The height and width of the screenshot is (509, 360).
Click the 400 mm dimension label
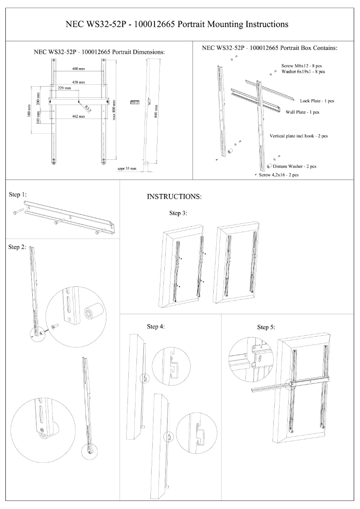click(x=79, y=69)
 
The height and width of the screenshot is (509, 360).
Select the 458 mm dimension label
click(x=79, y=83)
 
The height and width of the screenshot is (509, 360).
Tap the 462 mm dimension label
click(x=79, y=116)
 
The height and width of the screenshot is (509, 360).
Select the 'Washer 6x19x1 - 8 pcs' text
click(x=303, y=71)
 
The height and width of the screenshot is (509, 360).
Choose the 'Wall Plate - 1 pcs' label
click(x=302, y=112)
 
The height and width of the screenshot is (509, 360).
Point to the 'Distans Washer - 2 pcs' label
click(x=294, y=166)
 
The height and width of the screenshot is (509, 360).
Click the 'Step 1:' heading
click(x=18, y=195)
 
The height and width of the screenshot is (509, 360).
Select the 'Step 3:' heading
click(x=178, y=213)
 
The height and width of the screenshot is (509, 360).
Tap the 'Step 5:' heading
click(x=266, y=327)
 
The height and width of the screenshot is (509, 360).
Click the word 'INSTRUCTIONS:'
click(x=174, y=197)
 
